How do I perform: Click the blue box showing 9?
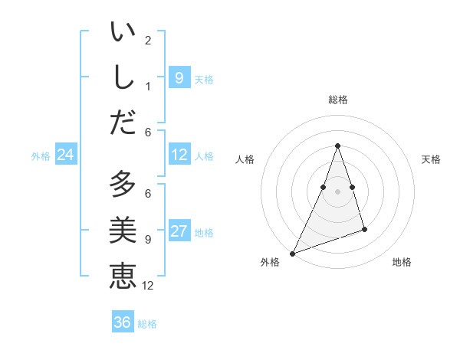click(x=179, y=77)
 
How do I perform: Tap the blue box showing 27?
click(x=179, y=232)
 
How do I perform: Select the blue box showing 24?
click(x=65, y=155)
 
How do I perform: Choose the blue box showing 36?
click(x=123, y=322)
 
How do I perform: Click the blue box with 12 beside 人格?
click(x=179, y=155)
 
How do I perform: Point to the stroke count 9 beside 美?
click(x=147, y=240)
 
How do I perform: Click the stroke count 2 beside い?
click(x=147, y=41)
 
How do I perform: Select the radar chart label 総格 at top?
click(x=337, y=100)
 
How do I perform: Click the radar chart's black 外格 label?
click(x=270, y=263)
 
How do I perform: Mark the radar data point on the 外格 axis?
click(x=292, y=253)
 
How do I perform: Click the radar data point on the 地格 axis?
click(x=364, y=229)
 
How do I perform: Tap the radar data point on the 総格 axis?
click(x=337, y=146)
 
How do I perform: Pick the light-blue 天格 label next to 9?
click(x=204, y=79)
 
